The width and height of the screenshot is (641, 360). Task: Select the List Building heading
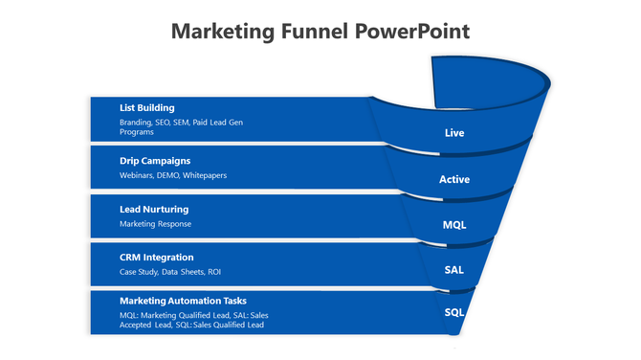(x=147, y=107)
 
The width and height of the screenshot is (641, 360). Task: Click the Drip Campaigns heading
(x=155, y=160)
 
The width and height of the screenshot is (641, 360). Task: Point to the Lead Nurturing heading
(x=154, y=209)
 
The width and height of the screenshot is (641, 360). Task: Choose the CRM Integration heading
(x=157, y=257)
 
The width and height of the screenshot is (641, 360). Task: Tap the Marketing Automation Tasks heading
(x=183, y=301)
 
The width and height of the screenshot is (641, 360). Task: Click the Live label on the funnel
(x=454, y=133)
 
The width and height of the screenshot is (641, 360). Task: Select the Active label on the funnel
(x=454, y=179)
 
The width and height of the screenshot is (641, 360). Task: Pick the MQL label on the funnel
(x=454, y=225)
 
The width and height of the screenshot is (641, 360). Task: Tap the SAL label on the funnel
(x=454, y=270)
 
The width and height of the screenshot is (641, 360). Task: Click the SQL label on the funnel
(x=454, y=313)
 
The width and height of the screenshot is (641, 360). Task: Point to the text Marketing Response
(x=155, y=224)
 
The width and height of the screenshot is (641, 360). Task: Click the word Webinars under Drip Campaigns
(x=137, y=175)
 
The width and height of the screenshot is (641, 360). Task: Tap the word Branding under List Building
(x=136, y=123)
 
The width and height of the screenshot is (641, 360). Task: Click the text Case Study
(x=140, y=272)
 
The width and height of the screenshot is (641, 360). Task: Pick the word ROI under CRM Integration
(x=214, y=272)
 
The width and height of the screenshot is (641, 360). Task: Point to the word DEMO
(x=169, y=175)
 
